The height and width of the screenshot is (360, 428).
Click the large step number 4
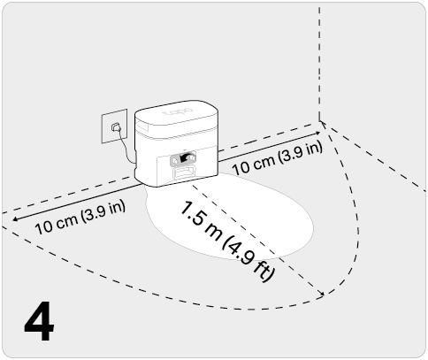click(39, 321)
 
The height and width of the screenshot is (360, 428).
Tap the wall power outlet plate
click(115, 126)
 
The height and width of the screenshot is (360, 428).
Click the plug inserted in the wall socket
click(115, 127)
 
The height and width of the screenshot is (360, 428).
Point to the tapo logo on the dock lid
click(178, 112)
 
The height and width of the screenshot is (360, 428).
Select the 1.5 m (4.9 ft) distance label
click(227, 241)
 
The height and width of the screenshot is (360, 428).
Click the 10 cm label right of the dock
click(277, 158)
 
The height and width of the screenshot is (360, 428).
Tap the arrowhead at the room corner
click(317, 133)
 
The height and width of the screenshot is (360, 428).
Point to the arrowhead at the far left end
click(15, 218)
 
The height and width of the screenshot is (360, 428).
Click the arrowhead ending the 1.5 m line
click(322, 293)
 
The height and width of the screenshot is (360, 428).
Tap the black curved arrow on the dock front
click(185, 157)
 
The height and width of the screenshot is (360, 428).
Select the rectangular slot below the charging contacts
click(184, 172)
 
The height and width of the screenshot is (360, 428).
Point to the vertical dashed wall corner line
click(319, 64)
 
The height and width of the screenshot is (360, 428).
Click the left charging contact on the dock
click(174, 161)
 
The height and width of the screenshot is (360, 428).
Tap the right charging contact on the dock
click(192, 157)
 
